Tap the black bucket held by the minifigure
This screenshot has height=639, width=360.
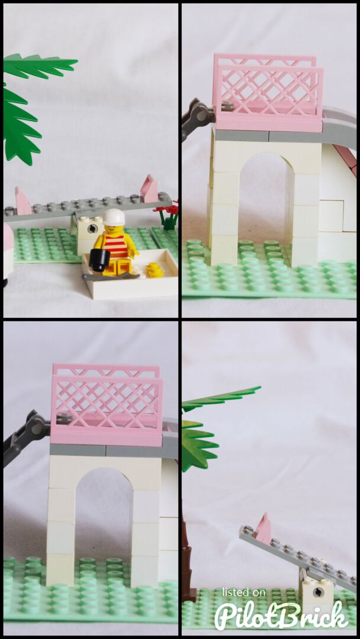click(x=100, y=260)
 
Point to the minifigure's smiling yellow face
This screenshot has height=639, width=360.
click(x=115, y=228)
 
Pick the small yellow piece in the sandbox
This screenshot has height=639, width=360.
click(x=155, y=270)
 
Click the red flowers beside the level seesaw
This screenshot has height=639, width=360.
click(x=168, y=211)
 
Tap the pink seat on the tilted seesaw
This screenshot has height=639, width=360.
click(x=263, y=530)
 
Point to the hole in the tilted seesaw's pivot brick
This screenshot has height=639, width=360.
click(x=316, y=589)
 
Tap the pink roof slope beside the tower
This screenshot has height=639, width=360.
click(x=348, y=159)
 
